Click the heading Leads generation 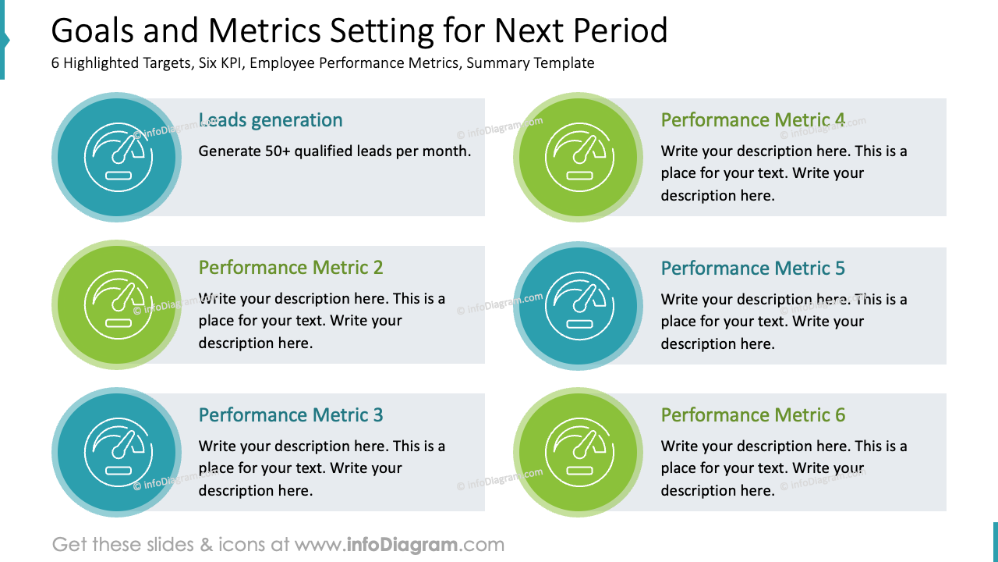point(271,120)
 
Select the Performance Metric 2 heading point(291,268)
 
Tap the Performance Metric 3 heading point(291,415)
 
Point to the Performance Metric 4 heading point(752,120)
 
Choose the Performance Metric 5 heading point(752,269)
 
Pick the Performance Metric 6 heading point(752,415)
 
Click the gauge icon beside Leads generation point(118,158)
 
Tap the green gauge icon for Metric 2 point(118,305)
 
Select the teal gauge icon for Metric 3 point(118,453)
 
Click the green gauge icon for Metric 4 point(579,158)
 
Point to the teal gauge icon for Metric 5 point(579,306)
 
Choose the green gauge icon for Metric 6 point(579,453)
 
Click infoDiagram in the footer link point(401,545)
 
